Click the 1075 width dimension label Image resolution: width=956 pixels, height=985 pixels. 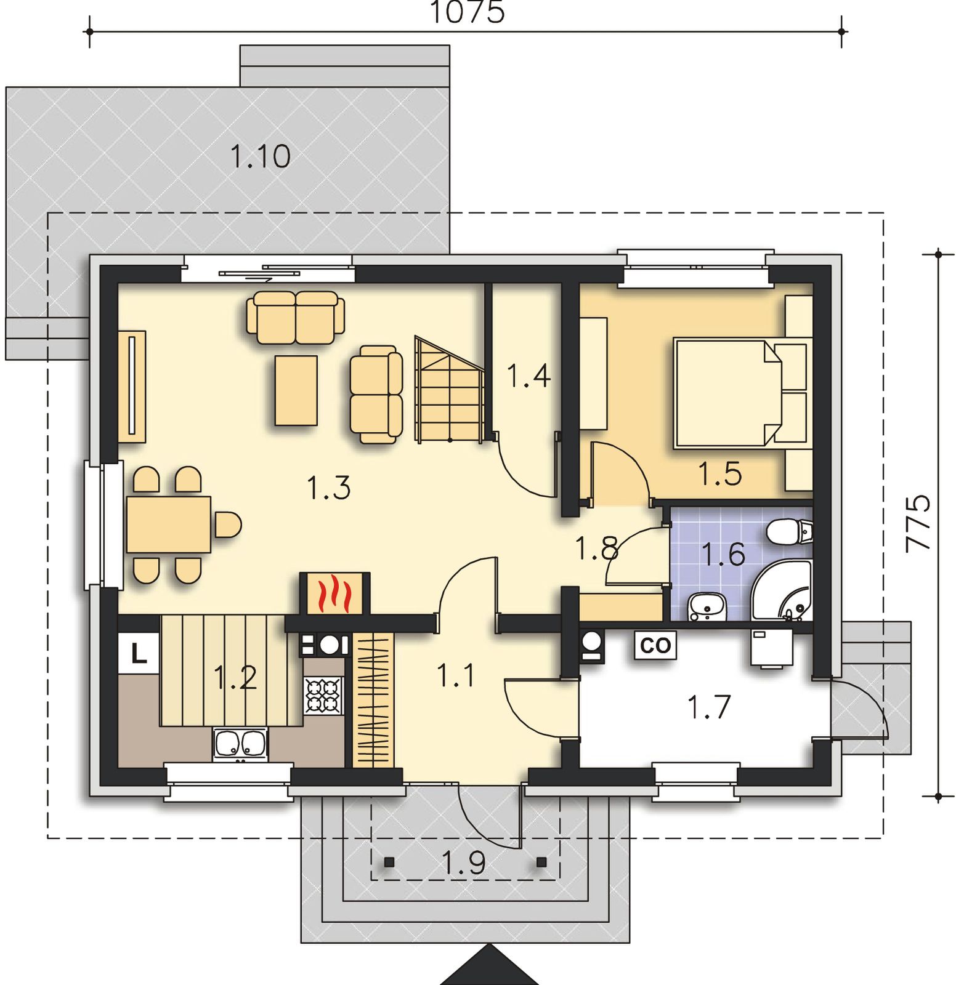tap(466, 12)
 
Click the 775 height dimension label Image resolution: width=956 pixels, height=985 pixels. tap(918, 523)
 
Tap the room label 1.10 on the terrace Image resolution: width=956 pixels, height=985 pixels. tap(261, 156)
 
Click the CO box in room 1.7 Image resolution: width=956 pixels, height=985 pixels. tap(655, 645)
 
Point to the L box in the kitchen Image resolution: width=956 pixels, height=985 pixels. tap(139, 653)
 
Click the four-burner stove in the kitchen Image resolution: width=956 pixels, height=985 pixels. tap(323, 696)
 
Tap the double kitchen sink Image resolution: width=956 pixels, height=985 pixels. tap(240, 744)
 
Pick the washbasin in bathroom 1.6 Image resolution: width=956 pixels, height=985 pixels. tap(707, 606)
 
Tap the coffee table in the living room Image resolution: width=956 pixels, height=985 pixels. tap(296, 390)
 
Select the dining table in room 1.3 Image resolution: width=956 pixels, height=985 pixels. tap(169, 525)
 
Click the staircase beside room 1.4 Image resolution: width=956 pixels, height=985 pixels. tap(450, 389)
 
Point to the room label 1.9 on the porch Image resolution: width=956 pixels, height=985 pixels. tap(464, 862)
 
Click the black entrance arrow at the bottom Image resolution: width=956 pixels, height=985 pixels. tap(488, 964)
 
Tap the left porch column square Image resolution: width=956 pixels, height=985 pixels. tap(389, 862)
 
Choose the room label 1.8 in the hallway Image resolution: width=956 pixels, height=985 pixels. tap(596, 548)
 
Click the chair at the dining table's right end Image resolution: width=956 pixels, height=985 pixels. tap(228, 525)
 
